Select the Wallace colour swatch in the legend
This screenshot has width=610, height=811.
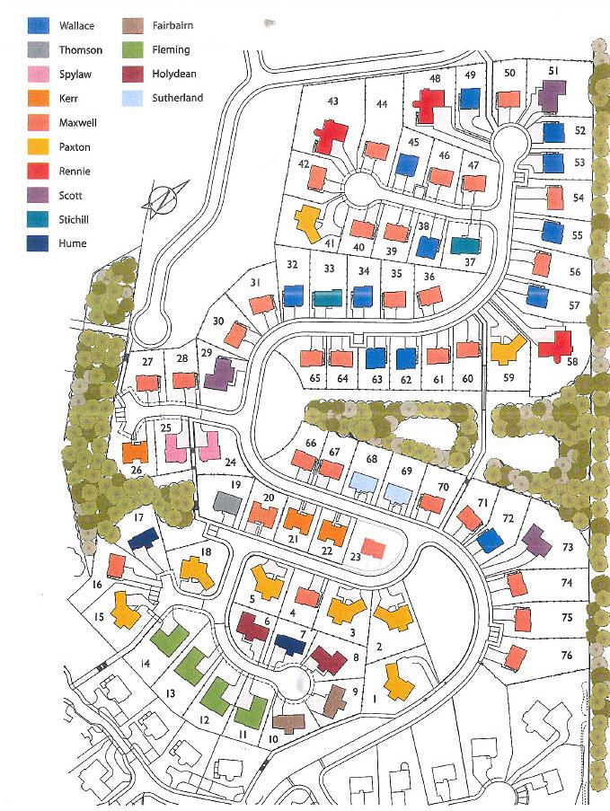[x=38, y=26]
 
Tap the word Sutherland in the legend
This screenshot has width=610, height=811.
[x=179, y=98]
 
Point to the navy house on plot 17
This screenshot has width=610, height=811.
[x=144, y=540]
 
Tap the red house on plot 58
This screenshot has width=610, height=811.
[x=556, y=346]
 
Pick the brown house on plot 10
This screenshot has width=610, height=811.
[x=289, y=722]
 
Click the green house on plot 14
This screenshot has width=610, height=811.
[x=169, y=639]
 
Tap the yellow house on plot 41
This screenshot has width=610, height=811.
[x=308, y=220]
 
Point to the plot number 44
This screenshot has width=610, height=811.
[x=382, y=104]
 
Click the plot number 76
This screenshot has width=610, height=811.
[x=566, y=656]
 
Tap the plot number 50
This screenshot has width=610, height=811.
[x=509, y=73]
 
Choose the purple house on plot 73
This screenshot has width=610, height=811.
[x=536, y=541]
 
